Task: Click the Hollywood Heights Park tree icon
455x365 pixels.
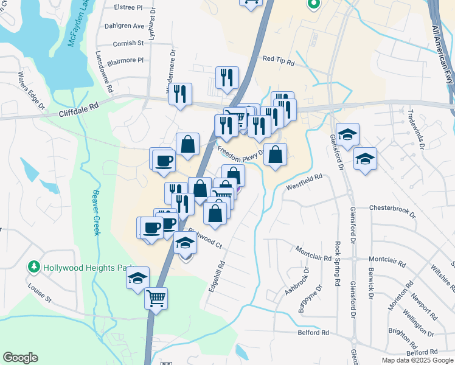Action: click(x=34, y=267)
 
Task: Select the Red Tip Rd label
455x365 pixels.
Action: click(x=278, y=61)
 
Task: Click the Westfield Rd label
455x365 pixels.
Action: click(x=303, y=182)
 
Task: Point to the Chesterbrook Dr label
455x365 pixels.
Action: click(x=392, y=211)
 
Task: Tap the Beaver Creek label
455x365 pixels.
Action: click(x=95, y=213)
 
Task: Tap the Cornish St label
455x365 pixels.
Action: click(x=128, y=43)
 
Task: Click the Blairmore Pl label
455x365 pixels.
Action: click(x=125, y=60)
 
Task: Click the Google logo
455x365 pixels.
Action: click(x=20, y=358)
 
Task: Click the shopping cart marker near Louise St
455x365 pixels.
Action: click(x=156, y=298)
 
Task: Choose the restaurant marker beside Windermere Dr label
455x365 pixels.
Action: click(x=181, y=94)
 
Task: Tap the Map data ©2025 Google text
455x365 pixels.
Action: click(x=418, y=360)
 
